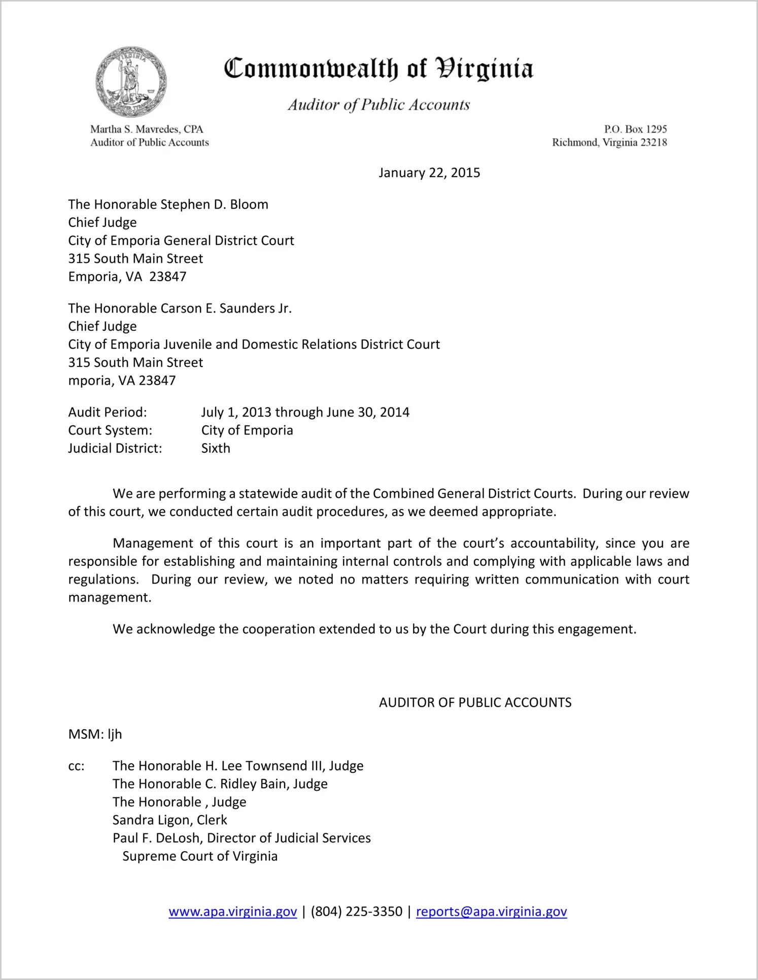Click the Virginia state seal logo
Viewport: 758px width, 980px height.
coord(131,82)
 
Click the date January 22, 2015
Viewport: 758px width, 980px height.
coord(429,173)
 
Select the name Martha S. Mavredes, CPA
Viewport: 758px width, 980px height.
coord(147,129)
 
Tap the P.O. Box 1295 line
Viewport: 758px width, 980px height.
coord(635,129)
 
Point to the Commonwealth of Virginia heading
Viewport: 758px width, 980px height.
coord(378,69)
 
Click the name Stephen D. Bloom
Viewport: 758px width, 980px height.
coord(214,205)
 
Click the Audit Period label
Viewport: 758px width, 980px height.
coord(108,412)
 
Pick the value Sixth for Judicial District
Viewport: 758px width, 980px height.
coord(216,449)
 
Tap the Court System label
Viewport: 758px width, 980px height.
coord(110,430)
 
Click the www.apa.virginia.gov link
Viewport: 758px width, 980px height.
coord(232,911)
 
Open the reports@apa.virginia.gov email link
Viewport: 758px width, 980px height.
coord(491,911)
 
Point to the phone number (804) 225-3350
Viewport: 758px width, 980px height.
coord(356,911)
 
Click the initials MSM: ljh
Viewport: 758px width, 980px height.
coord(95,734)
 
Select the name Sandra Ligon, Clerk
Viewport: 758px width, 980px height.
coord(170,820)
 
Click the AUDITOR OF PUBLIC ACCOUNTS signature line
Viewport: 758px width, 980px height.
coord(475,702)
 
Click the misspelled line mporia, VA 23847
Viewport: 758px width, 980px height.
coord(122,381)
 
